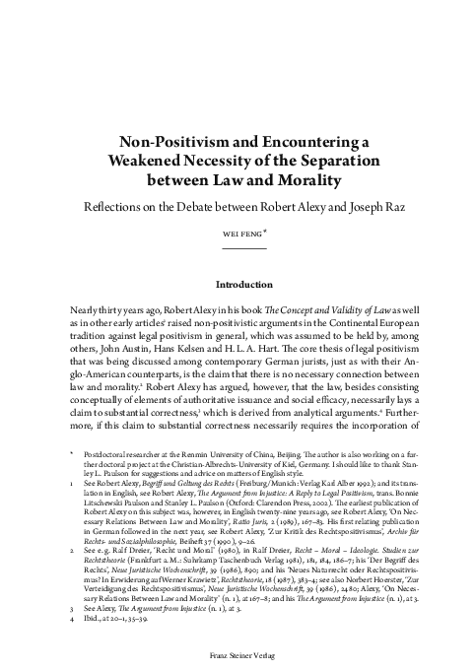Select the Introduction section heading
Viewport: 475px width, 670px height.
[x=237, y=283]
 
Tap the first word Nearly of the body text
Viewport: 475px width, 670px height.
[x=88, y=309]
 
